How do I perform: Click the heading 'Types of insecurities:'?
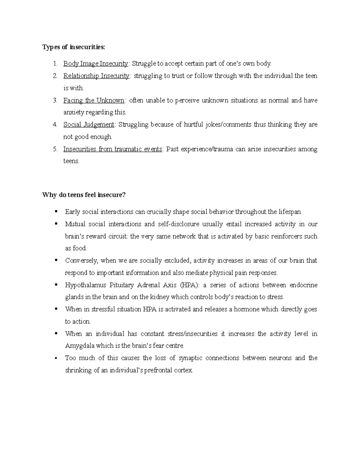coord(74,47)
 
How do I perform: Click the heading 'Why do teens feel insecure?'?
coord(84,195)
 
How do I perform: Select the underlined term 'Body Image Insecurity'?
coord(95,64)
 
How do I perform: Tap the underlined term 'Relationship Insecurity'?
coord(96,76)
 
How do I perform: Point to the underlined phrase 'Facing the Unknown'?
coord(94,100)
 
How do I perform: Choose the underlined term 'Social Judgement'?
coord(89,125)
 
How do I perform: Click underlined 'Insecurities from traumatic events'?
coord(113,149)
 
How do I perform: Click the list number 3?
coord(55,101)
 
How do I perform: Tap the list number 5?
coord(55,149)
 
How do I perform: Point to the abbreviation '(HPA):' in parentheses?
coord(189,285)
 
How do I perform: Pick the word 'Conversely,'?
coord(81,260)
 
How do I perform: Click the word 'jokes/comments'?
coord(228,125)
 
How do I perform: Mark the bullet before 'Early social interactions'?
coord(56,211)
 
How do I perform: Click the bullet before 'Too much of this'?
coord(56,358)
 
